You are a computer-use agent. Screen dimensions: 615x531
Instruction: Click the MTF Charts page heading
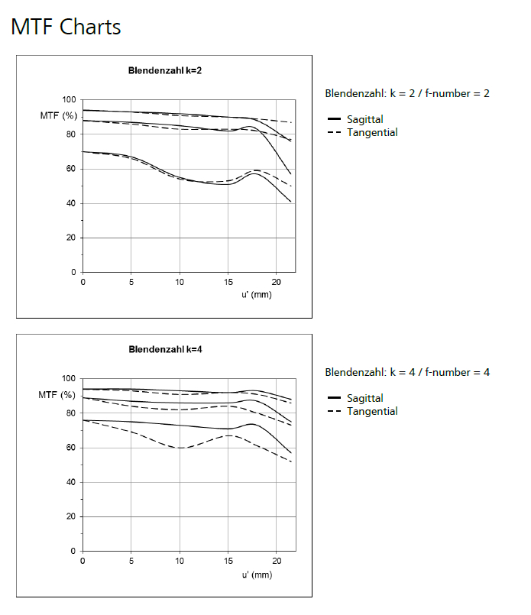click(x=66, y=28)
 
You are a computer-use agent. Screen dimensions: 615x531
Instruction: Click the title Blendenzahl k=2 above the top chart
click(x=164, y=71)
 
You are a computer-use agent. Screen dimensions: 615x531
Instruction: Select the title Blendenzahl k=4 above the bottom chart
click(x=164, y=350)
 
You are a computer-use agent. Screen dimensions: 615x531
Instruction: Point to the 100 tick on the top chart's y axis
click(x=69, y=100)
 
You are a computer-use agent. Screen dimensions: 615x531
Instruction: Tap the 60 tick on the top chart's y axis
click(x=71, y=169)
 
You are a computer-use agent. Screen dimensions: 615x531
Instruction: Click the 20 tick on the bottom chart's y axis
click(x=71, y=517)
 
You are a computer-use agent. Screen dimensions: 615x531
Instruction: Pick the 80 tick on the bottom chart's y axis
click(x=71, y=413)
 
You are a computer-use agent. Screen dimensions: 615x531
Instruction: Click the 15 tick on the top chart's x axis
click(x=228, y=282)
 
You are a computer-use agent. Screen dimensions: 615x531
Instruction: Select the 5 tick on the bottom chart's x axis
click(x=131, y=561)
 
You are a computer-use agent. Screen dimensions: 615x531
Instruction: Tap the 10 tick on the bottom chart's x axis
click(x=180, y=561)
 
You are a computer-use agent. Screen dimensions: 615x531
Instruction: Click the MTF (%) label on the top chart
click(x=58, y=115)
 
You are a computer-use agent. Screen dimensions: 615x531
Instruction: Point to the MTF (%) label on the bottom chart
click(x=58, y=395)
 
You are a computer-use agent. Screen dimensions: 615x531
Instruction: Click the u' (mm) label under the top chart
click(x=255, y=296)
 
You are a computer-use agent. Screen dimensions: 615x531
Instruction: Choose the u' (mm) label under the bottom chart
click(x=255, y=575)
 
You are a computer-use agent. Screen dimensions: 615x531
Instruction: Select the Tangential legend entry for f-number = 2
click(x=371, y=132)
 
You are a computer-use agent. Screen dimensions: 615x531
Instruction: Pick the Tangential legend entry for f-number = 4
click(x=371, y=411)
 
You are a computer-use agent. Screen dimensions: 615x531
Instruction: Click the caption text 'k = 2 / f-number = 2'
click(x=439, y=93)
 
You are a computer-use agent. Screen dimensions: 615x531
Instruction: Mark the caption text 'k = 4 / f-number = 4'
click(x=439, y=372)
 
